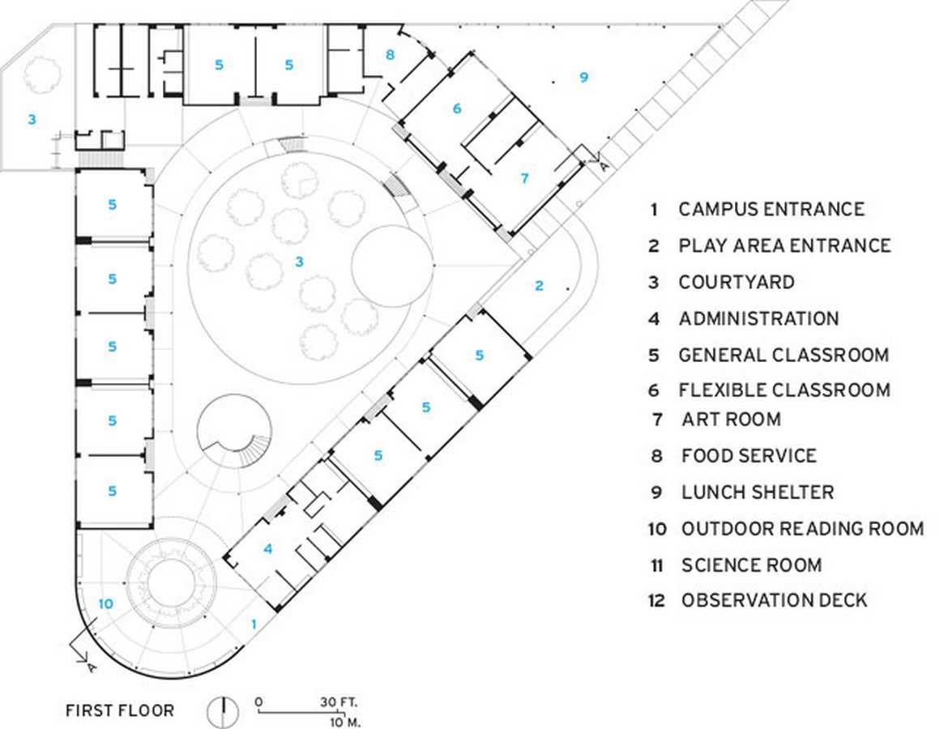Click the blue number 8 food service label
coord(390,54)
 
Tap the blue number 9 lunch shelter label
coord(583,77)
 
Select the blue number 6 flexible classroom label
coord(457,109)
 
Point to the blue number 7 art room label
coord(524,178)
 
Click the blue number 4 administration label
coord(268,548)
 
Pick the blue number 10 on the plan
coord(106,603)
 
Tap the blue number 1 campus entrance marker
coord(254,624)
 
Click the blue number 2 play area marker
coord(539,285)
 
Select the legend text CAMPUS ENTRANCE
coord(771,209)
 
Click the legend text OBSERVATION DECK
coord(775,600)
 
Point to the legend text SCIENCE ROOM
coord(751,565)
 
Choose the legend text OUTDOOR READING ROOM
coord(803,529)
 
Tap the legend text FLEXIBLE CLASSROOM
coord(784,390)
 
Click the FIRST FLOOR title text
coord(120,710)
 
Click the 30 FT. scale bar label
coord(339,702)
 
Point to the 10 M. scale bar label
coord(345,722)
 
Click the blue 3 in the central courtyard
coord(299,262)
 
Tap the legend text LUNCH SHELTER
coord(758,492)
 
